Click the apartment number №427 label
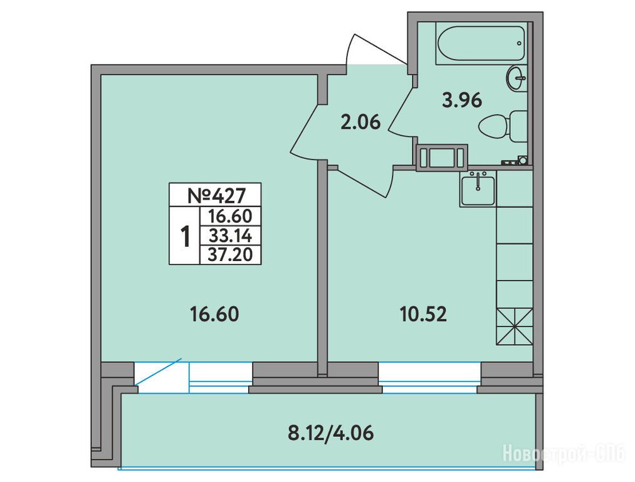[x=217, y=196]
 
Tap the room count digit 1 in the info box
[x=185, y=237]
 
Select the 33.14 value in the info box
[x=230, y=235]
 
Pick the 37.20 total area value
[x=230, y=255]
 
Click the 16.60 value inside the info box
[x=230, y=216]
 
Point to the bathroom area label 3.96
[x=462, y=100]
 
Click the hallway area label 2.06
[x=361, y=122]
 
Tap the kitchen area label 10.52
[x=423, y=314]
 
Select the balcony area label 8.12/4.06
[x=330, y=433]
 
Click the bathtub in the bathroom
[x=481, y=43]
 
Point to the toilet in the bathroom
[x=503, y=126]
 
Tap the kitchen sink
[x=478, y=188]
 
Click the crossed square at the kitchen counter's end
[x=514, y=326]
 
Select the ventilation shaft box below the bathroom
[x=442, y=158]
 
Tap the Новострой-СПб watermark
[x=564, y=453]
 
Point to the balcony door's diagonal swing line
[x=158, y=372]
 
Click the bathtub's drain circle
[x=519, y=43]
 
